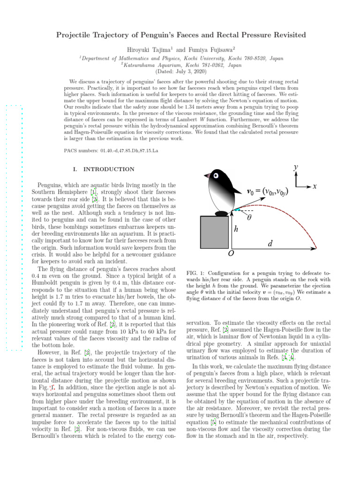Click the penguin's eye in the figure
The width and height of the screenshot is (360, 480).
click(216, 176)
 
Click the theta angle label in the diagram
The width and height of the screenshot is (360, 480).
click(249, 217)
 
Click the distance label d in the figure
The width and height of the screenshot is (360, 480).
click(270, 244)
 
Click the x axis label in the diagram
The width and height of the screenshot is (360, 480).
click(315, 186)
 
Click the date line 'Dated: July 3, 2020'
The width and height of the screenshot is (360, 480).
click(180, 72)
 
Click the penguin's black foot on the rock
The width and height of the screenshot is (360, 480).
click(222, 214)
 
